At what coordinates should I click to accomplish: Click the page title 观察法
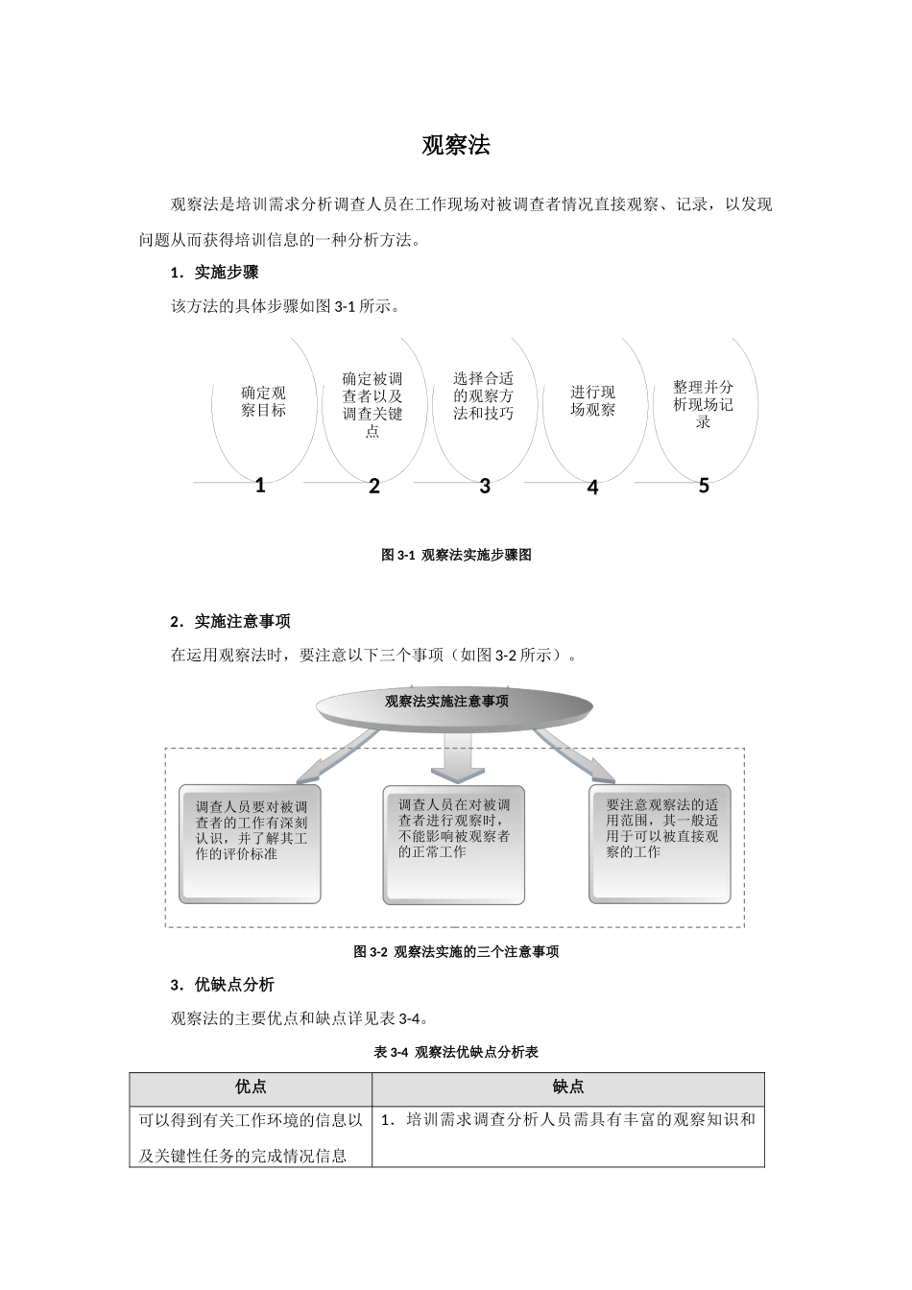click(x=456, y=146)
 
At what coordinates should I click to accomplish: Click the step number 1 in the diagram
click(x=260, y=486)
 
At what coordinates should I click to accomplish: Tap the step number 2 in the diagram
click(x=374, y=487)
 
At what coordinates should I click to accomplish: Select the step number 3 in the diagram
click(x=485, y=487)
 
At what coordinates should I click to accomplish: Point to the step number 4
click(x=592, y=489)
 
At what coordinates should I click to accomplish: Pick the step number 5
click(x=704, y=487)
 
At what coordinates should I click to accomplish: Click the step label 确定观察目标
click(x=263, y=401)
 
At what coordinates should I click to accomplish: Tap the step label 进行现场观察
click(x=592, y=400)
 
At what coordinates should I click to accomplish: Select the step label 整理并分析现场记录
click(x=703, y=404)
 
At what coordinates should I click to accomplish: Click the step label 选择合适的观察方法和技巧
click(x=483, y=395)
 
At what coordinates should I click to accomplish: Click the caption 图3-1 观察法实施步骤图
click(x=456, y=555)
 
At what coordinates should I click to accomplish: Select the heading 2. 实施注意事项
click(x=230, y=622)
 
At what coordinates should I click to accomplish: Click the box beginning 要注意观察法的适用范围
click(x=661, y=844)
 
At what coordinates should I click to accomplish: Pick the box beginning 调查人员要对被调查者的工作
click(x=250, y=845)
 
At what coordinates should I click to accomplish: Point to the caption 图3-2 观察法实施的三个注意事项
click(x=456, y=952)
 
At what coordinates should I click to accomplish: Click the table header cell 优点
click(x=251, y=1087)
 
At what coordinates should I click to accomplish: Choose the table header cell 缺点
click(x=568, y=1087)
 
